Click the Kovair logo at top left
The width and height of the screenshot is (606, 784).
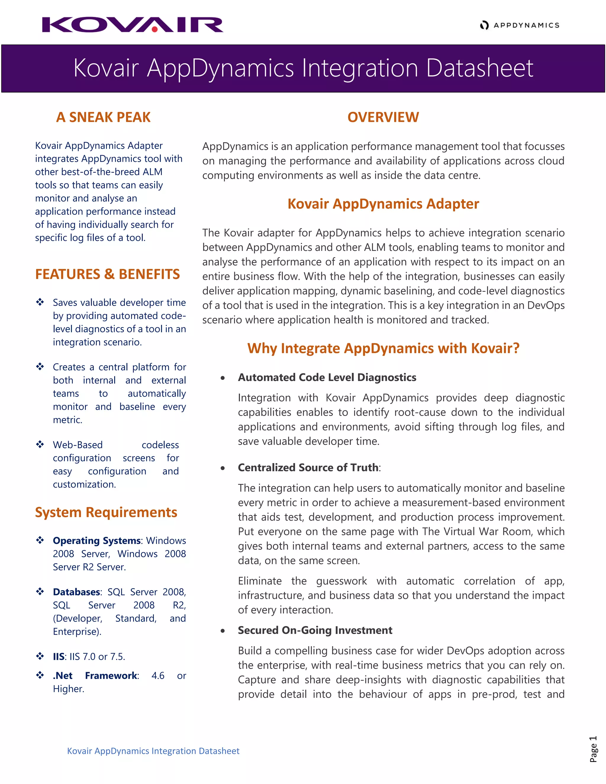[133, 25]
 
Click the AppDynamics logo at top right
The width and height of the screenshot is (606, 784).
[520, 25]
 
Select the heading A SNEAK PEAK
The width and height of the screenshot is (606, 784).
[103, 117]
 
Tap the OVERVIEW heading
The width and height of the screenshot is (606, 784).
[383, 117]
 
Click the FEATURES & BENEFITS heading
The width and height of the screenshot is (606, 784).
[107, 274]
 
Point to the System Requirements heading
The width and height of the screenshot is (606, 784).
[106, 512]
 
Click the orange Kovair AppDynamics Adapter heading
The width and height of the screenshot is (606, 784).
[383, 204]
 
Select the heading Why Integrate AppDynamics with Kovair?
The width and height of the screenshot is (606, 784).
[383, 348]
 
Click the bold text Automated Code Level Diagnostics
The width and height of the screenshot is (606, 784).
[327, 377]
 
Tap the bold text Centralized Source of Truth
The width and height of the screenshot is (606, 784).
[308, 467]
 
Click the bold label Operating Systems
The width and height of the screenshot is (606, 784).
[96, 541]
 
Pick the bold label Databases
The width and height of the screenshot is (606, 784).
[76, 592]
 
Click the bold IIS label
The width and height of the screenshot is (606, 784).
[59, 656]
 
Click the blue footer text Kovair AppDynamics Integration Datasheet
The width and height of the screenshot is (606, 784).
[153, 751]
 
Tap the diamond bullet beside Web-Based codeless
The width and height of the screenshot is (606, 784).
[40, 444]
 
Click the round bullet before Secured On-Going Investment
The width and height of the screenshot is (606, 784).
[223, 631]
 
